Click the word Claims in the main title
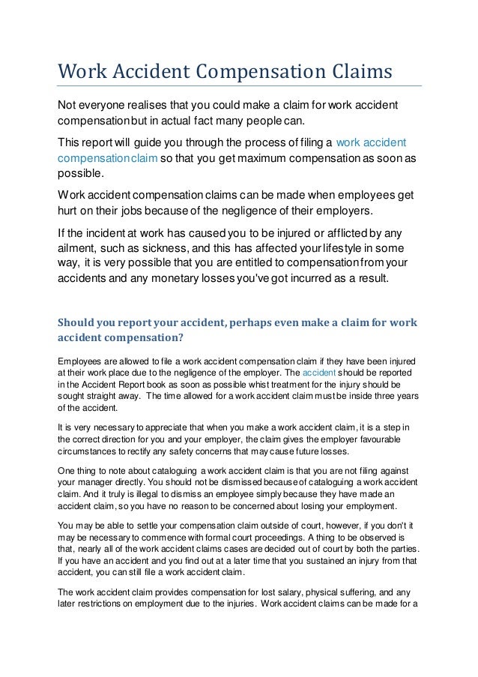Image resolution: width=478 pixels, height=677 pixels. [x=359, y=73]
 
